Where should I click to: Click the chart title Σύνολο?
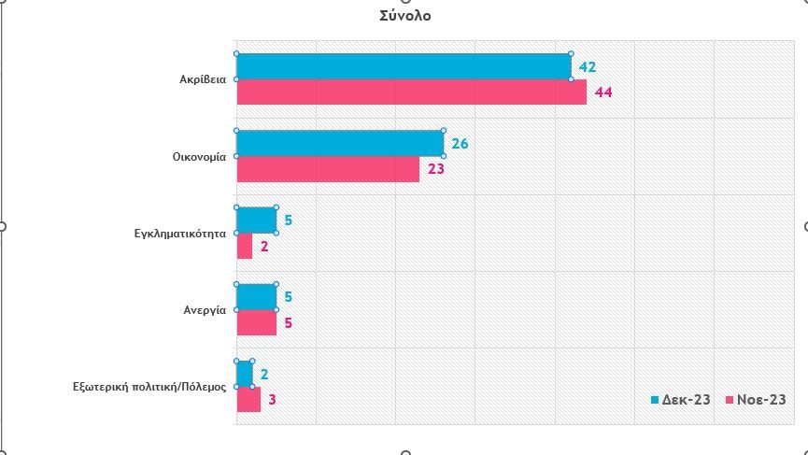point(405,16)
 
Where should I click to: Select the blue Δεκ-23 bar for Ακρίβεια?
point(404,66)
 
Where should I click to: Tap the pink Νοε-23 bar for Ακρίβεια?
point(411,92)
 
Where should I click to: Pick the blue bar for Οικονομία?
point(339,143)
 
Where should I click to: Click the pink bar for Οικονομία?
point(327,169)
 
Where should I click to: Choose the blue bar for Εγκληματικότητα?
point(256,220)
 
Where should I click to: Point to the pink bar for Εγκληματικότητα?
point(244,246)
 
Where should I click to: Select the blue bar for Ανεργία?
point(256,296)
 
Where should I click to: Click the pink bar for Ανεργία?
point(256,322)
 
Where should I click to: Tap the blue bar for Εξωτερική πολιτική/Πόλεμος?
point(244,374)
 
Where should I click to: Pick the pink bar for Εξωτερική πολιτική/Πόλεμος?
point(248,399)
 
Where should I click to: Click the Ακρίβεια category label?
point(203,79)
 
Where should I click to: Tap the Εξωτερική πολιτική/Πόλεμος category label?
point(149,386)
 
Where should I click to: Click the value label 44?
point(602,92)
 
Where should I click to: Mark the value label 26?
point(460,143)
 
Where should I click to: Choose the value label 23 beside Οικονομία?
point(435,170)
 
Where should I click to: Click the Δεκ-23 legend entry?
point(681,400)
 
